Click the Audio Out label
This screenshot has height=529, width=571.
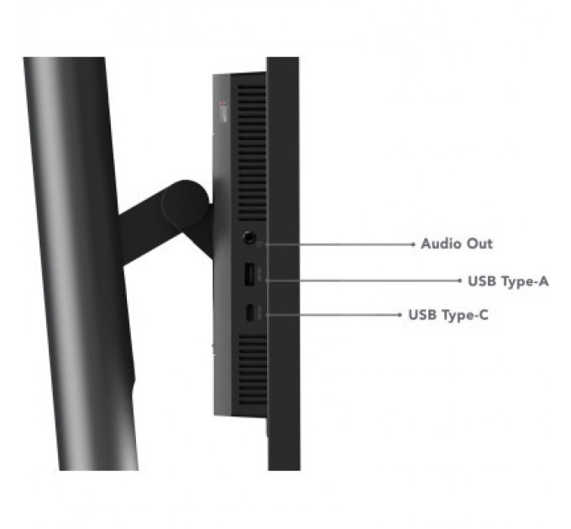[457, 244]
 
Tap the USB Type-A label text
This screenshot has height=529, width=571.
[508, 281]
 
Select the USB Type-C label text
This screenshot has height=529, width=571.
[448, 315]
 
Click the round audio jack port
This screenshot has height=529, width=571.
[249, 237]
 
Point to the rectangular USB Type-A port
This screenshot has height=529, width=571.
[249, 274]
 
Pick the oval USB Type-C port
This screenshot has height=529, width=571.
[250, 312]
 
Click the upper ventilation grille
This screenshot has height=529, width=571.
[252, 153]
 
